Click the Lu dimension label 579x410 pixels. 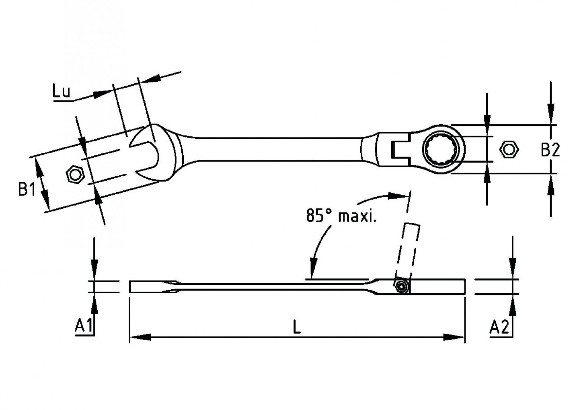61,92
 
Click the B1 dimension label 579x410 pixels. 27,189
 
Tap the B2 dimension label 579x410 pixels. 550,150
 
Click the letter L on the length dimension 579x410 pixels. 296,327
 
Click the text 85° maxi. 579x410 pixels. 341,216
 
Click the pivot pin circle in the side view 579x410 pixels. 401,287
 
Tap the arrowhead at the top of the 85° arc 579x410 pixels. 396,196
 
